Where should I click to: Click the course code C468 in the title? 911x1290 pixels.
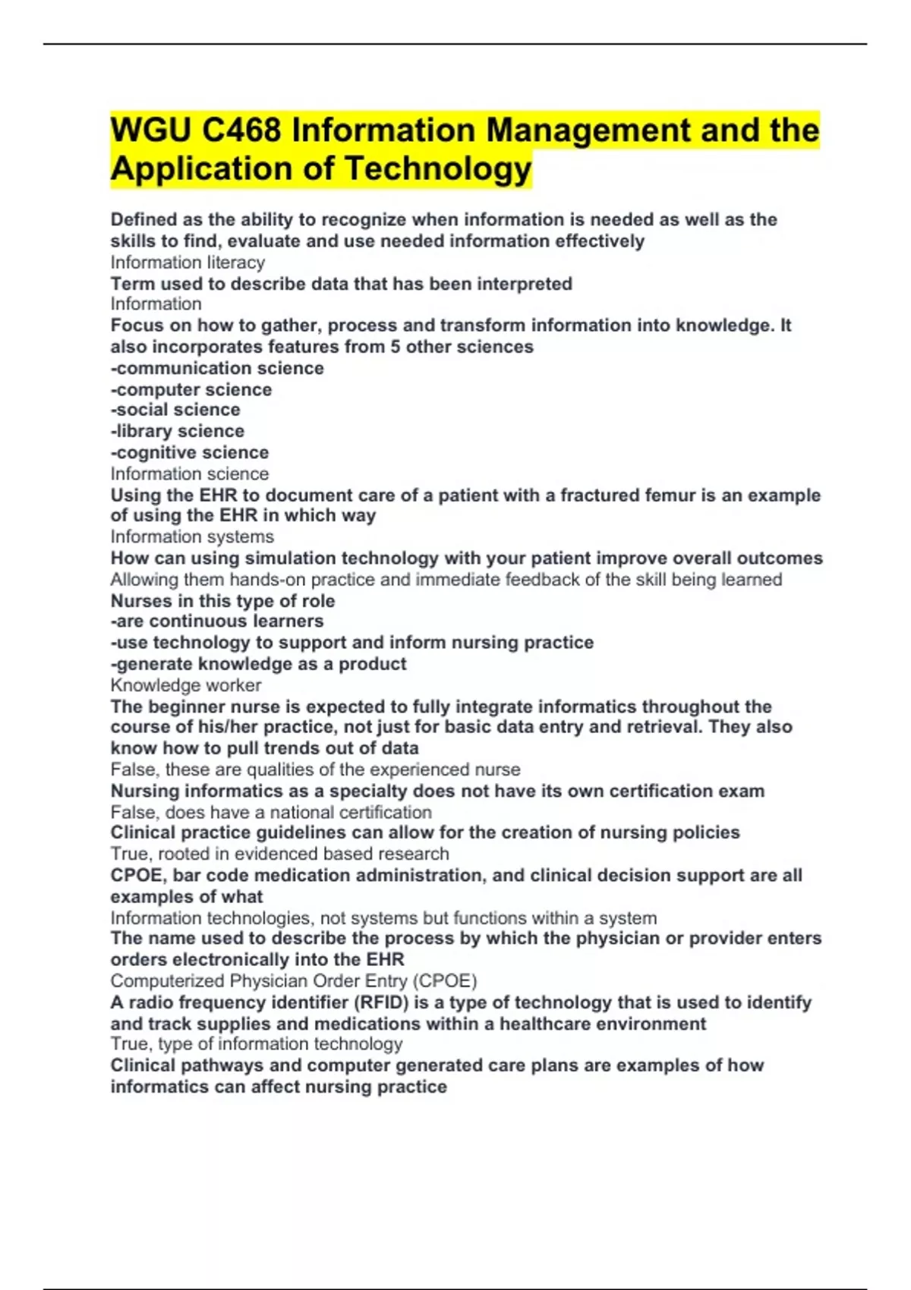pos(241,131)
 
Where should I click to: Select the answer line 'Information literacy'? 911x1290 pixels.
pos(188,263)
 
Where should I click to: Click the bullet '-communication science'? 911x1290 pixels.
pos(217,368)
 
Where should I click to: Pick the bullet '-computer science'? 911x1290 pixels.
pos(191,389)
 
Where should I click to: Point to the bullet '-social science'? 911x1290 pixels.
pos(175,410)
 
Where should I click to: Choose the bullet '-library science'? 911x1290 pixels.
pos(178,431)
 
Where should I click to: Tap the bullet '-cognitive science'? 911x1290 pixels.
pos(190,452)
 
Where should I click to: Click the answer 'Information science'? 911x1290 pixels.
pos(190,474)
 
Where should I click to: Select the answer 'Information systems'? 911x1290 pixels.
pos(192,536)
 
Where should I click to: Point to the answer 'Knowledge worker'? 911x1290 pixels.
pos(186,685)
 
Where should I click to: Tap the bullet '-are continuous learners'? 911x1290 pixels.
pos(217,621)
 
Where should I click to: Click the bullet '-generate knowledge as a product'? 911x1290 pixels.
pos(258,664)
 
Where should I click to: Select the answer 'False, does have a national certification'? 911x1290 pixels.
pos(271,812)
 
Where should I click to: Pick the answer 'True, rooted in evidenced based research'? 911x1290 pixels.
pos(279,854)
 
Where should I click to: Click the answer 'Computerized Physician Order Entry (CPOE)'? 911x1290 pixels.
pos(294,980)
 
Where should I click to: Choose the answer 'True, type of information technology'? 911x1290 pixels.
pos(257,1044)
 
